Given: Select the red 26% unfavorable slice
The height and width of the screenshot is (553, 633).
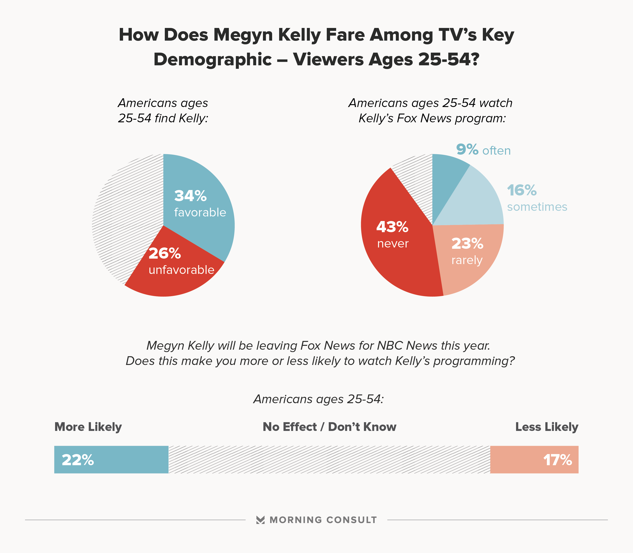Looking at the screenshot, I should tap(173, 275).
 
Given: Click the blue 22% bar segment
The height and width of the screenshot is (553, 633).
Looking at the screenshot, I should tap(111, 460).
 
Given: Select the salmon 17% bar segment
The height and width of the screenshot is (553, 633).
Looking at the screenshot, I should tap(534, 460).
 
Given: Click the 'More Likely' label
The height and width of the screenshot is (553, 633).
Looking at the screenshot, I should tap(88, 427).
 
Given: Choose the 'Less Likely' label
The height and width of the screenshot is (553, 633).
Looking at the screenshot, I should tap(546, 427).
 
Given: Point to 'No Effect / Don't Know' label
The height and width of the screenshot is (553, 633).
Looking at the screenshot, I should tap(329, 427).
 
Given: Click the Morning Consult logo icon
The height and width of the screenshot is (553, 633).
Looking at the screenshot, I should tap(260, 520).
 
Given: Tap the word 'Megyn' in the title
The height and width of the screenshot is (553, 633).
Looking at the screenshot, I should tap(244, 35).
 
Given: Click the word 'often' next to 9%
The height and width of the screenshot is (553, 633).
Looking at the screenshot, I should tap(497, 151).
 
